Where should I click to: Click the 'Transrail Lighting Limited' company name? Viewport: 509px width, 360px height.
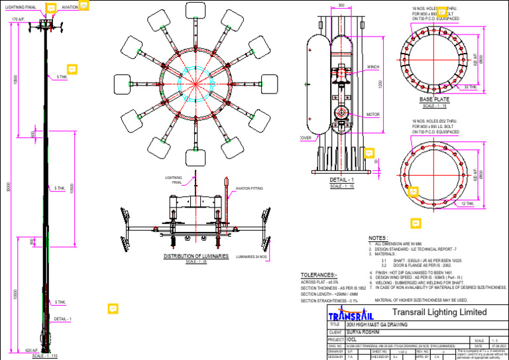[439, 312]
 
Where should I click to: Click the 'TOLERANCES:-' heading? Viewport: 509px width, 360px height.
[319, 274]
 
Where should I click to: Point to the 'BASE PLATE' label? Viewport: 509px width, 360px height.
[435, 99]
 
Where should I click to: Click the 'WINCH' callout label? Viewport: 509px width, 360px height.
[373, 67]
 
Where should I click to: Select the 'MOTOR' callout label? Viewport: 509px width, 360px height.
[373, 114]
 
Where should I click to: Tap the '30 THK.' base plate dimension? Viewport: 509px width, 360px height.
[470, 87]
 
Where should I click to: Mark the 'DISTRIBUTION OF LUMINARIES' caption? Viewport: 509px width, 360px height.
[196, 255]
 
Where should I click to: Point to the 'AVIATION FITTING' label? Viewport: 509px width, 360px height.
[248, 188]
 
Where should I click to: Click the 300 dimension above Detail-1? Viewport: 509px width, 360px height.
[341, 5]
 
